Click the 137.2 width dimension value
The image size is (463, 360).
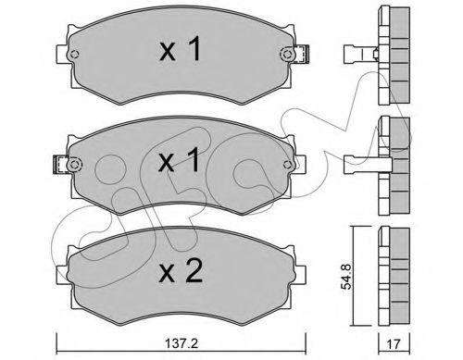click(x=181, y=343)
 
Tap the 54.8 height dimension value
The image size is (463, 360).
click(x=346, y=276)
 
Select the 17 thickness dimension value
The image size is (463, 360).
click(x=394, y=344)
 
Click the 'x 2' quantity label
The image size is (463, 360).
click(x=181, y=271)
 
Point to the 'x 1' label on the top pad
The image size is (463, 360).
click(x=181, y=49)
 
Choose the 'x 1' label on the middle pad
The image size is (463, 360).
click(x=179, y=159)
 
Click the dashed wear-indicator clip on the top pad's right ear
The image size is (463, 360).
click(x=301, y=55)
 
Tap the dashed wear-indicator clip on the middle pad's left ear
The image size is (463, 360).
click(x=61, y=164)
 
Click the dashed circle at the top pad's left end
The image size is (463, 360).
click(x=74, y=55)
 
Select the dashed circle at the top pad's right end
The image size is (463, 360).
click(x=287, y=55)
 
